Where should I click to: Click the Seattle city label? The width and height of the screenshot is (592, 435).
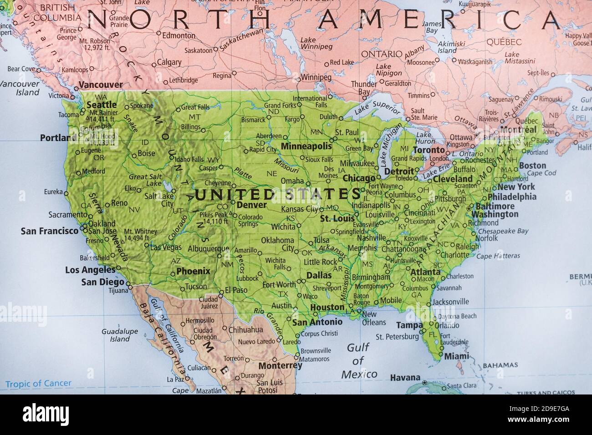coord(102,105)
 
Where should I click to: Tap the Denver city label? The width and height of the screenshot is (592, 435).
coord(251,205)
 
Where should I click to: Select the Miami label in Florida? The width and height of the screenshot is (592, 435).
coord(456,356)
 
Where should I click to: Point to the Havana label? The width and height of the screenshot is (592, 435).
coord(405,378)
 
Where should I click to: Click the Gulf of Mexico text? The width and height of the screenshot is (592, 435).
coord(359,361)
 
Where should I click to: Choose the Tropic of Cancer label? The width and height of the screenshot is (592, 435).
coord(38,384)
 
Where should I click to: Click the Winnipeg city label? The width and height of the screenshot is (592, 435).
coord(316,77)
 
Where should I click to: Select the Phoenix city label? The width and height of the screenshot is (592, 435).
coord(193,271)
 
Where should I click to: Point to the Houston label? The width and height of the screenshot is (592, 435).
coord(327,308)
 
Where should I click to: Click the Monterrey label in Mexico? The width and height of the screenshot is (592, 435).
coord(280,365)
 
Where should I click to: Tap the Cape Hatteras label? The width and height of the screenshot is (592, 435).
coord(498,256)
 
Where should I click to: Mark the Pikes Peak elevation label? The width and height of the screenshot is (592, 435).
coord(214,218)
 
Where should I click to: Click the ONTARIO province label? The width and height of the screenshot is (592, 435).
coord(382,54)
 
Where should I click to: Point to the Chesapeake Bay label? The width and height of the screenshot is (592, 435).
coord(503,231)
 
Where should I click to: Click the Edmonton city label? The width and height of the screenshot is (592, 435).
coord(179,35)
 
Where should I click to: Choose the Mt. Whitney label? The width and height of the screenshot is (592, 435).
coord(140,234)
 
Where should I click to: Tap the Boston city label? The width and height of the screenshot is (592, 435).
coord(532,166)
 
